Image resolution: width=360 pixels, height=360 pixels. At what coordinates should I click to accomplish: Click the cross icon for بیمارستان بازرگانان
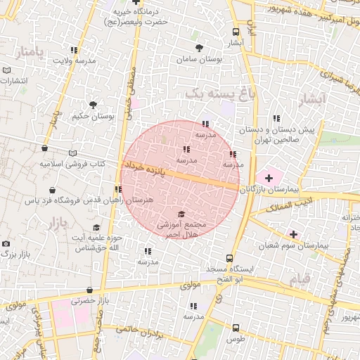pos(269,179)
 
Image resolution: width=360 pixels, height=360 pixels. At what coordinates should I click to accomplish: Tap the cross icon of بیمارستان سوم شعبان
pos(293,234)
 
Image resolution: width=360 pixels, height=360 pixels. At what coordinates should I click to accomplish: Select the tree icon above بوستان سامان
pos(200,49)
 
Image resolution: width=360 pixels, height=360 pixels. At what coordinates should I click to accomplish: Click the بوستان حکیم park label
pos(92,115)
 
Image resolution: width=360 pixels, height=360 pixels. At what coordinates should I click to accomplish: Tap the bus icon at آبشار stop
pos(236,32)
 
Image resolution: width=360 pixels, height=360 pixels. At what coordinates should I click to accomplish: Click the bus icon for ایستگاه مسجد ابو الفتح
pos(229,258)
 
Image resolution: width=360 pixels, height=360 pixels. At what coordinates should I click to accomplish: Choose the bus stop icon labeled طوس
pos(236,327)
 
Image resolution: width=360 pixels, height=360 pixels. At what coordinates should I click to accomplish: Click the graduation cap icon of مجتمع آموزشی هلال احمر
pos(181,214)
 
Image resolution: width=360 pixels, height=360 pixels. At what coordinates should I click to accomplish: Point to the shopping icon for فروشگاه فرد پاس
pos(53,189)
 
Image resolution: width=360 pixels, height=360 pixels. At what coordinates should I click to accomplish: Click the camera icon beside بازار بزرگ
pos(6,243)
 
